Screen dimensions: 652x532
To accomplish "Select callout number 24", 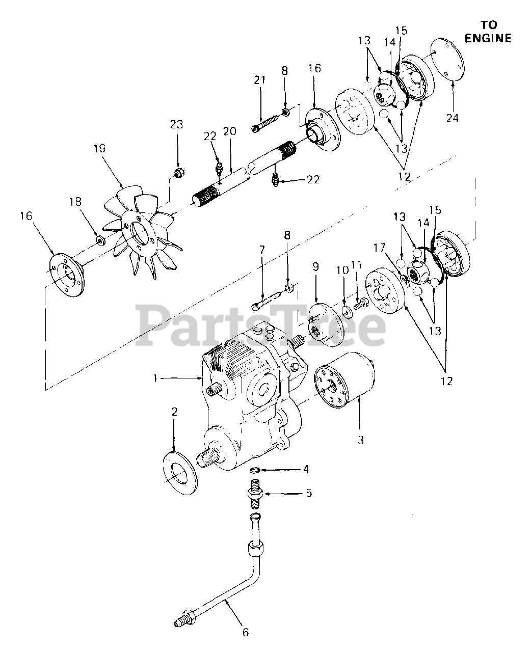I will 453,118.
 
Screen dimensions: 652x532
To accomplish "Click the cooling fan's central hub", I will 139,235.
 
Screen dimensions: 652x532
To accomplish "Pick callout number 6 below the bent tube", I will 246,632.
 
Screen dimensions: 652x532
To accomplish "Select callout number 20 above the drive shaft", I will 230,131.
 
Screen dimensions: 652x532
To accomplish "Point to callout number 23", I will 176,124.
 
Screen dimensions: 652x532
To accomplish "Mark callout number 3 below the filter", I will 361,439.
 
